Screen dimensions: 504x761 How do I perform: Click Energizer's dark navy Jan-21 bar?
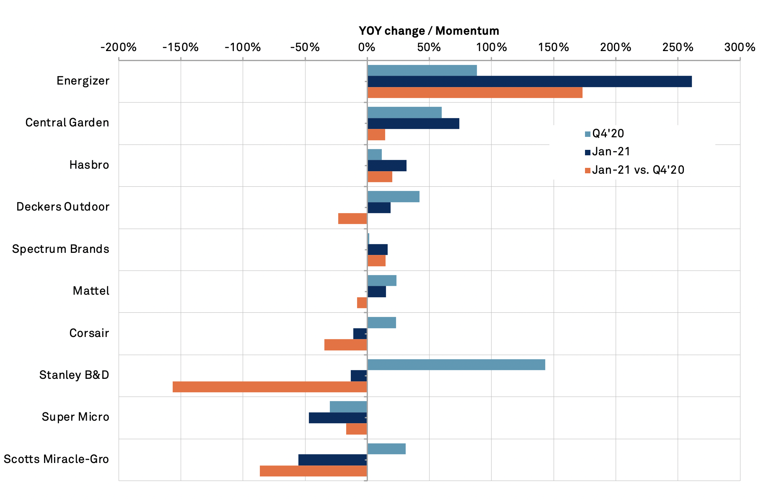[x=529, y=82]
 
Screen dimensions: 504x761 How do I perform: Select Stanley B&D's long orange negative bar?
[x=270, y=387]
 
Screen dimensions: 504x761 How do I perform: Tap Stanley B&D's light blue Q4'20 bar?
[x=456, y=365]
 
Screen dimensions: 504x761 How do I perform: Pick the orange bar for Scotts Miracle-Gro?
[x=313, y=471]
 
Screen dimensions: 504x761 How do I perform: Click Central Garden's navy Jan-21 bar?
[x=413, y=123]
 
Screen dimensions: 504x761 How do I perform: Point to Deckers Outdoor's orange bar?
[x=352, y=219]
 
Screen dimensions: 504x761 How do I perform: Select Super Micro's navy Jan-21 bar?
[x=338, y=418]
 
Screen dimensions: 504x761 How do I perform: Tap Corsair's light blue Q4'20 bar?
[x=381, y=323]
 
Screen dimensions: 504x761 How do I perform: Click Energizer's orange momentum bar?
[x=475, y=93]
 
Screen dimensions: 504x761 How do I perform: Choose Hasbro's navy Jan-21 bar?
[x=387, y=166]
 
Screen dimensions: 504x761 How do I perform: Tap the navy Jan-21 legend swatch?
[x=588, y=152]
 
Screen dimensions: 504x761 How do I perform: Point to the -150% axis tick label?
[x=181, y=47]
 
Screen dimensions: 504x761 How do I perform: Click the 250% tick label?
[x=678, y=47]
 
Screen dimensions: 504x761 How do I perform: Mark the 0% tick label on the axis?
[x=367, y=47]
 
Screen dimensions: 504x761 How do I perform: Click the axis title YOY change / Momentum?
[x=429, y=31]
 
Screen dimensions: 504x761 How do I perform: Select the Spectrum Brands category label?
[x=61, y=249]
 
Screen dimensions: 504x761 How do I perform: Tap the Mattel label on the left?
[x=91, y=291]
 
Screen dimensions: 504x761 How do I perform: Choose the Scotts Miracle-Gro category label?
[x=57, y=459]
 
